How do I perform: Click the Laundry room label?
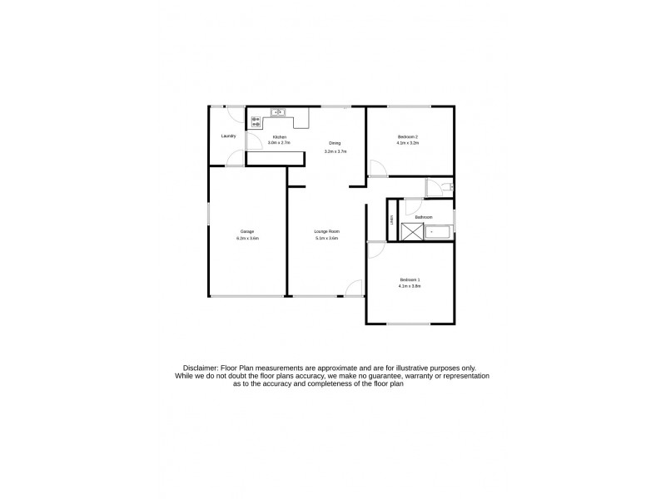[x=228, y=136]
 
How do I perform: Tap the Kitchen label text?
[x=281, y=136]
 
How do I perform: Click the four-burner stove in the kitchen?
[x=256, y=121]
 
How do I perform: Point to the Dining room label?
[x=335, y=144]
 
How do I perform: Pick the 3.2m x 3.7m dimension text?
[x=335, y=151]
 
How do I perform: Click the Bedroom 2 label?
[x=407, y=136]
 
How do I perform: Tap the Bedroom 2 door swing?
[x=375, y=167]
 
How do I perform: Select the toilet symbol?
[x=446, y=188]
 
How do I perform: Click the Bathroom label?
[x=424, y=217]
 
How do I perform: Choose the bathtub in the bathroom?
[x=438, y=232]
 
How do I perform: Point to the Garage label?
[x=247, y=230]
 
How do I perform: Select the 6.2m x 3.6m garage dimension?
[x=247, y=238]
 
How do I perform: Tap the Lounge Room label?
[x=326, y=230]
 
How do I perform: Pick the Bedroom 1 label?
[x=410, y=279]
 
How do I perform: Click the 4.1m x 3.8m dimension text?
[x=410, y=286]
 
